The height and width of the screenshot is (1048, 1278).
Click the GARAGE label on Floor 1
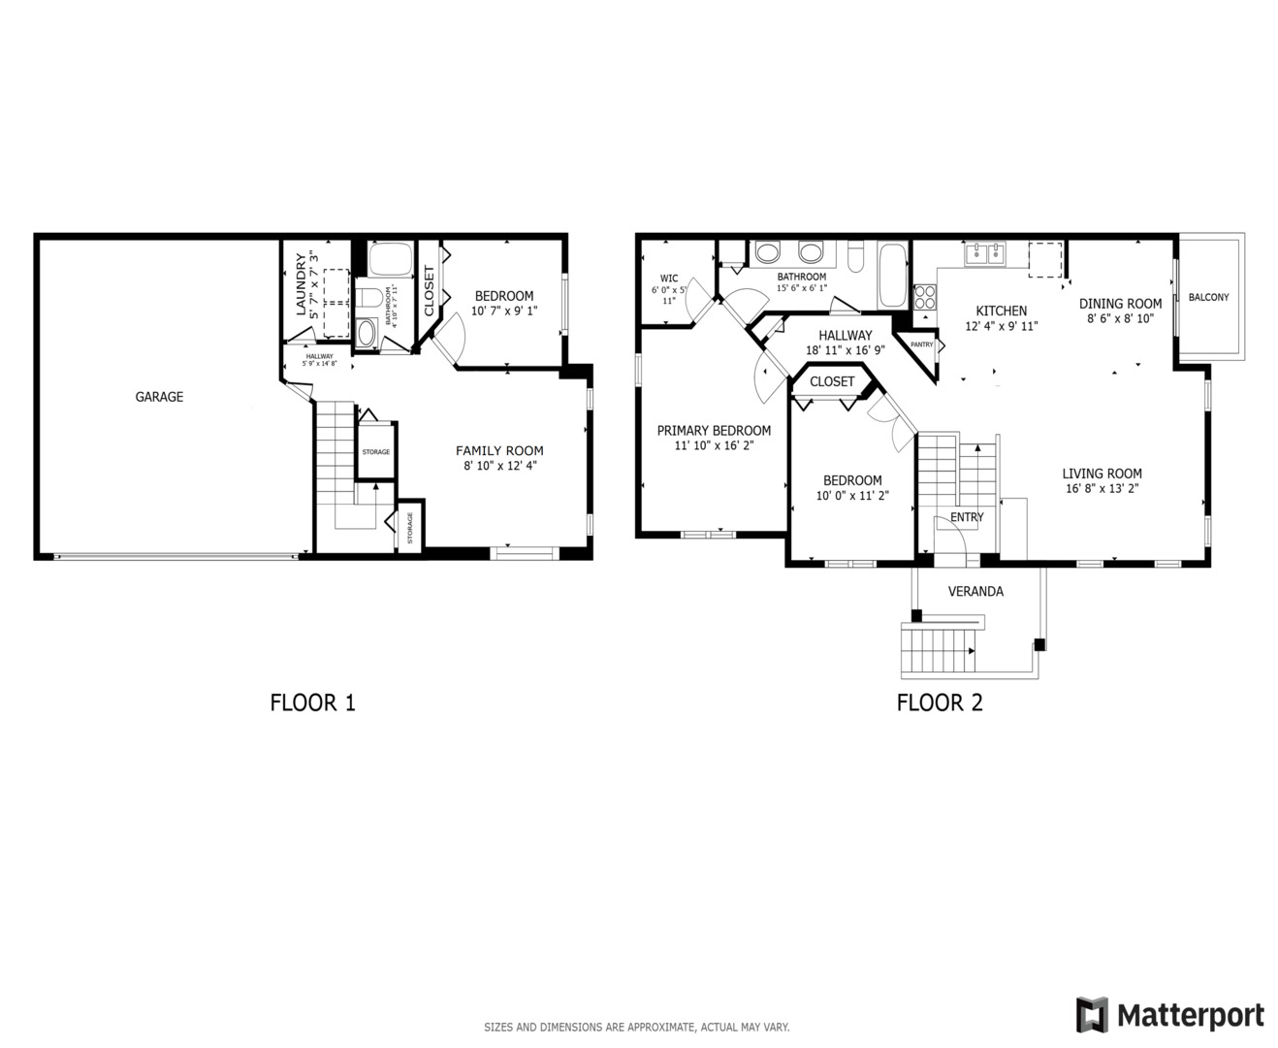coord(159,397)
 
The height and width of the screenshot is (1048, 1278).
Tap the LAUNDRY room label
coord(302,284)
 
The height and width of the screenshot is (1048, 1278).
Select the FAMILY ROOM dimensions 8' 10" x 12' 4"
coord(499,466)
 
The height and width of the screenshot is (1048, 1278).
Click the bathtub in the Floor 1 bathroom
coord(391,260)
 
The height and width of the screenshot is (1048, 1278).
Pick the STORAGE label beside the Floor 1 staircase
coord(376,452)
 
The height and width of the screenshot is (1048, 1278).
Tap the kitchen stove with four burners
coord(925,296)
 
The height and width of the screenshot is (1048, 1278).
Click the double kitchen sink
coord(985,254)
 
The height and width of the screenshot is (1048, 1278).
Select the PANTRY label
coord(921,344)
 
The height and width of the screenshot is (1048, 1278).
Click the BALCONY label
coord(1208,297)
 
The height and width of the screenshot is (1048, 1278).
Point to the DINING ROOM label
coord(1120,303)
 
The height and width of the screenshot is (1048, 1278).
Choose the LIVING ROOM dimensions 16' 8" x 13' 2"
coord(1102,489)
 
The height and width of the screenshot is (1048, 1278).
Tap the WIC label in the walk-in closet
coord(669,278)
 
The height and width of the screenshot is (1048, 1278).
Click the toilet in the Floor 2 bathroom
coord(856,257)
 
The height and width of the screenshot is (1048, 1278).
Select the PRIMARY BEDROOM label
coord(714,431)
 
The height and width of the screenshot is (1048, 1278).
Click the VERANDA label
coord(975,591)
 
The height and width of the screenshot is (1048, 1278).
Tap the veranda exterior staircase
coord(938,650)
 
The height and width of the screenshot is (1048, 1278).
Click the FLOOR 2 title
coord(940,703)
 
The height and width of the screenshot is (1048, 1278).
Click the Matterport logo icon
coord(1092,1015)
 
